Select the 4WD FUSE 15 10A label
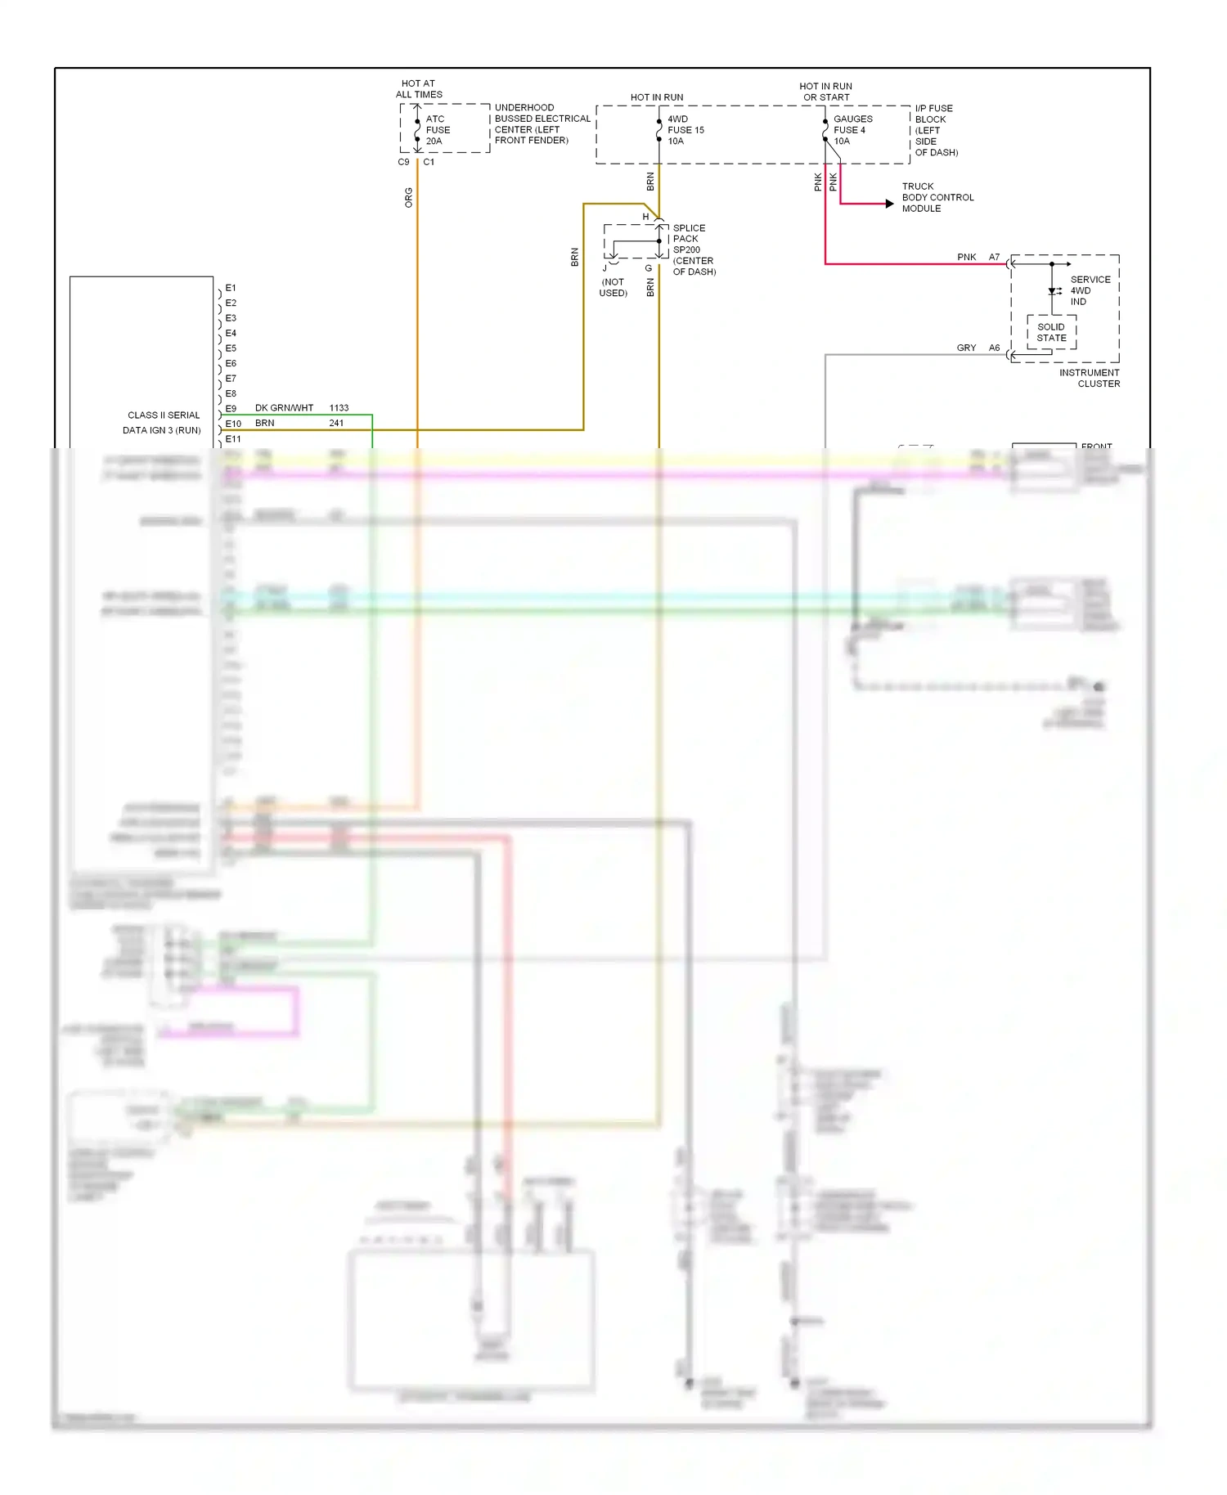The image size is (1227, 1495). (x=685, y=130)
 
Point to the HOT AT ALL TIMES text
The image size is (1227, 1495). (x=419, y=89)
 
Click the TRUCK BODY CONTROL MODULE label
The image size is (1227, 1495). (x=937, y=197)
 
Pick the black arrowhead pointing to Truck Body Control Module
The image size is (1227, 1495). (x=889, y=204)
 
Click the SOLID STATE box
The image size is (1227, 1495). (x=1051, y=332)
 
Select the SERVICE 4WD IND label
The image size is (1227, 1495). (x=1090, y=290)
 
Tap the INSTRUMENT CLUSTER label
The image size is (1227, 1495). (x=1090, y=378)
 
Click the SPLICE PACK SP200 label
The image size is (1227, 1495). (x=689, y=239)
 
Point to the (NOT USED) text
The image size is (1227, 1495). (x=613, y=287)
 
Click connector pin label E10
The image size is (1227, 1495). (x=233, y=424)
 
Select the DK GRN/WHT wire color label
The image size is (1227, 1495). (x=284, y=407)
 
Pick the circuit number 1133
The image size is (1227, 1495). (x=339, y=407)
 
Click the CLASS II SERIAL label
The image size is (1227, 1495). (x=164, y=415)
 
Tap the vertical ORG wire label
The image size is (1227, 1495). (x=409, y=197)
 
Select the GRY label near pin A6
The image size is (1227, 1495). (x=966, y=348)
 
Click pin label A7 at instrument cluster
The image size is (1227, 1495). (x=994, y=257)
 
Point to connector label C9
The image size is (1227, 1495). (x=403, y=162)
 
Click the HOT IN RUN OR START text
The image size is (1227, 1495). (x=825, y=92)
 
